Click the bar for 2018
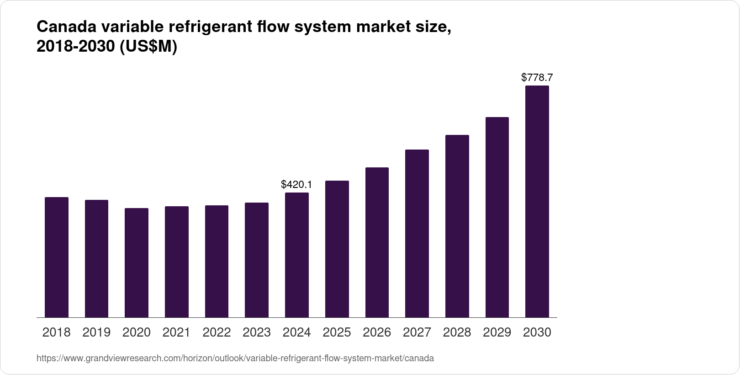coord(57,257)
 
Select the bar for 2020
coord(137,262)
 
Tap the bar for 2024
coord(297,255)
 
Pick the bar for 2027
coord(417,233)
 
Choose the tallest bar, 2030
coord(537,201)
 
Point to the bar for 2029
coord(497,217)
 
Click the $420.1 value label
coord(296,185)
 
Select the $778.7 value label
coord(537,78)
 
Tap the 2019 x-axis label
coord(96,332)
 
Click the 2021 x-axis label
coord(176,332)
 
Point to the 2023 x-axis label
coord(257,332)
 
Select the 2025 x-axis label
coord(337,332)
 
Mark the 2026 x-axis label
coord(377,332)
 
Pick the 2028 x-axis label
coord(457,332)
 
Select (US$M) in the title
coord(148,47)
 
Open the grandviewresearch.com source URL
coord(235,359)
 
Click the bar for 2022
coord(217,261)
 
